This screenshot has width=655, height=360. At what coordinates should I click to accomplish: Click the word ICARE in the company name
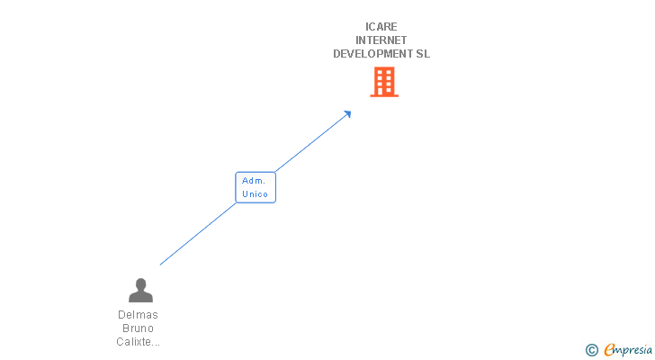tap(381, 27)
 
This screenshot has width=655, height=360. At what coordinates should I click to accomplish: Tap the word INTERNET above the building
tap(381, 40)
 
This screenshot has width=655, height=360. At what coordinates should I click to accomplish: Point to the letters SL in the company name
tap(423, 54)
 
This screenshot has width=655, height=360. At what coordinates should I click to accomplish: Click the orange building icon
tap(384, 82)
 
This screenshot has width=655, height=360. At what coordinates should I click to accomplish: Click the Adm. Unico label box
tap(256, 187)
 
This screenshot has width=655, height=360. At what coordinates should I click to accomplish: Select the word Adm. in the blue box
tap(253, 181)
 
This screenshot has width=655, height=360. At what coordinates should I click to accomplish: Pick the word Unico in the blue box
tap(256, 194)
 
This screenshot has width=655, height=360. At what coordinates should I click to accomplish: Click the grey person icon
tap(140, 290)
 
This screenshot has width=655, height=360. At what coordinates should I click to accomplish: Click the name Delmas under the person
tap(138, 315)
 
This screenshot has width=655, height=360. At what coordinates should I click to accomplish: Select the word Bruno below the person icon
tap(138, 328)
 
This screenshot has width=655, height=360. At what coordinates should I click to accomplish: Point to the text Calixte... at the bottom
tap(139, 342)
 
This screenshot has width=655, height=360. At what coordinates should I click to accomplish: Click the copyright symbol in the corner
tap(591, 350)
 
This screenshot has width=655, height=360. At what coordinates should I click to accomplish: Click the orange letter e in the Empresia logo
tap(610, 350)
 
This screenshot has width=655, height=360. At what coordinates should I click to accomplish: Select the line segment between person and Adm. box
tap(198, 233)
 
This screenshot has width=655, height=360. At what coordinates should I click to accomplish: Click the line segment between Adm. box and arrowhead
tap(310, 142)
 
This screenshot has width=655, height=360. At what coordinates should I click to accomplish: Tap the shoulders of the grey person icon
tap(140, 296)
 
